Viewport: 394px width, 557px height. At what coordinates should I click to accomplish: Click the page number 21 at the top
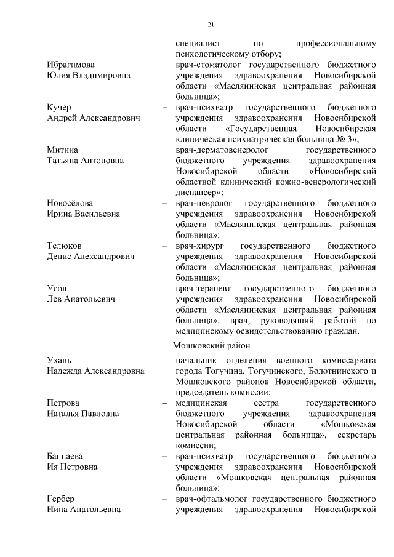(210, 25)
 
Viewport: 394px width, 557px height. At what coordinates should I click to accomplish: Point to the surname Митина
(63, 150)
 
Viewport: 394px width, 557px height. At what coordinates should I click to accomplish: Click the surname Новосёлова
(70, 203)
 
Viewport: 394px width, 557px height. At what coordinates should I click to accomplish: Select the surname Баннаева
(65, 456)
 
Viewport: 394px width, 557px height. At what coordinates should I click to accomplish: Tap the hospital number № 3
(346, 140)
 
